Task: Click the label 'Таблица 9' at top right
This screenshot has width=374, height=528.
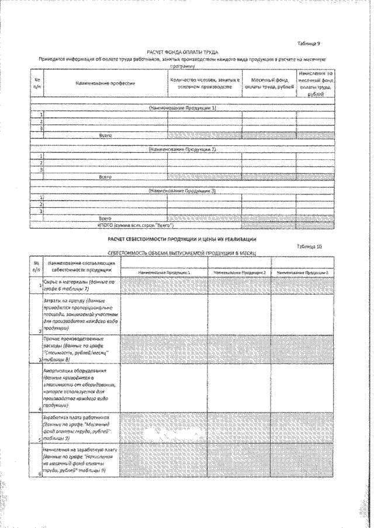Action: pyautogui.click(x=310, y=44)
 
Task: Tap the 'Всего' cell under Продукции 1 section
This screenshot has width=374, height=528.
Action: pyautogui.click(x=106, y=135)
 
